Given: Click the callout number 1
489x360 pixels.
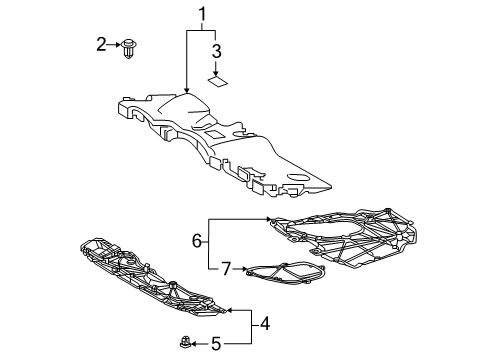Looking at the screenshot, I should click(204, 17).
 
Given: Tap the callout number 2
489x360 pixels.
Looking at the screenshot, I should click(101, 43).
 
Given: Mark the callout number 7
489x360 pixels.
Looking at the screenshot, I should click(227, 268).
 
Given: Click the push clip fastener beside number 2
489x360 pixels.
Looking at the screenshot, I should click(128, 46).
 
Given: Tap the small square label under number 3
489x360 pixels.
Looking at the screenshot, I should click(215, 83).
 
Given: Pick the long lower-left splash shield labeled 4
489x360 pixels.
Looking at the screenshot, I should click(150, 285).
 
